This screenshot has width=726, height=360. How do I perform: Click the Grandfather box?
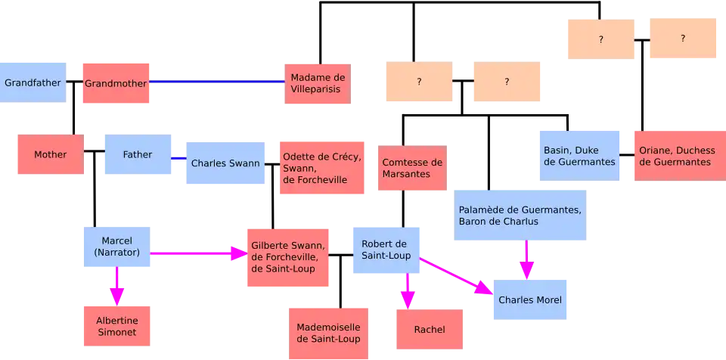(33, 82)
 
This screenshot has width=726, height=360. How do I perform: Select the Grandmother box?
(115, 82)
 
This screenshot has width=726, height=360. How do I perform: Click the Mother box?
(50, 154)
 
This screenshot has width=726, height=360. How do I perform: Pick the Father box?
(138, 154)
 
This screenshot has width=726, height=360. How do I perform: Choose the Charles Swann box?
(225, 163)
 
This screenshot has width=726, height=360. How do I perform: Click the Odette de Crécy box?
(323, 169)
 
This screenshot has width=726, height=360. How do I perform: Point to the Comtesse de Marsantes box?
(411, 168)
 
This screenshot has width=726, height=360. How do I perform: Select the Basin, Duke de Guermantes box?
(579, 156)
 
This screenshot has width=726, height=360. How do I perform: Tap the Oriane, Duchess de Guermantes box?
(676, 156)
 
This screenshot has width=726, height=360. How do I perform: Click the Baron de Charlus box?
(520, 215)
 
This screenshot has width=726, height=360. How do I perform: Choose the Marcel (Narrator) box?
(116, 247)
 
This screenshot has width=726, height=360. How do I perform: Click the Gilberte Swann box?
(287, 257)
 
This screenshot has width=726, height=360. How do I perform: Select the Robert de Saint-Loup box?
(386, 250)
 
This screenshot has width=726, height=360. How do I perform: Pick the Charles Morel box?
(529, 299)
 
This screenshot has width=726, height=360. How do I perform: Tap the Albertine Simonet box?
(116, 326)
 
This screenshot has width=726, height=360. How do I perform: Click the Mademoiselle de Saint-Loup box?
(328, 332)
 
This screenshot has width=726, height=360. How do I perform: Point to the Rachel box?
(429, 330)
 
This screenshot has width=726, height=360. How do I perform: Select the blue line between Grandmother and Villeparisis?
(217, 82)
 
